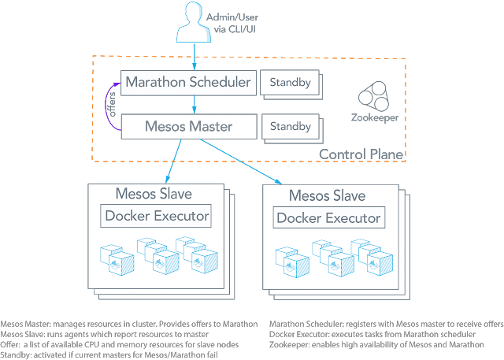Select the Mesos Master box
tap(189, 126)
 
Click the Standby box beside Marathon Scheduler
tap(291, 81)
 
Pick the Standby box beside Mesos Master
tap(291, 126)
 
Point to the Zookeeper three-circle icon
tap(371, 100)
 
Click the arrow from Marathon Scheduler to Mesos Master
tap(194, 103)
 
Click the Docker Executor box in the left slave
tap(156, 215)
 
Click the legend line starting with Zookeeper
tap(378, 343)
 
